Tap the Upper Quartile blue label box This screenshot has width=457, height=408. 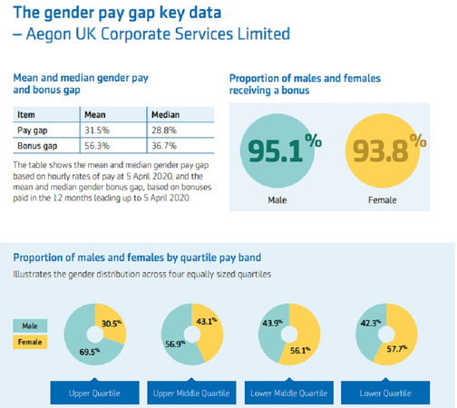(94, 393)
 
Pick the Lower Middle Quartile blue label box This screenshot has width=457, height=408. (287, 393)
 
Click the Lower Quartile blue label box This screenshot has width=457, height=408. (385, 393)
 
